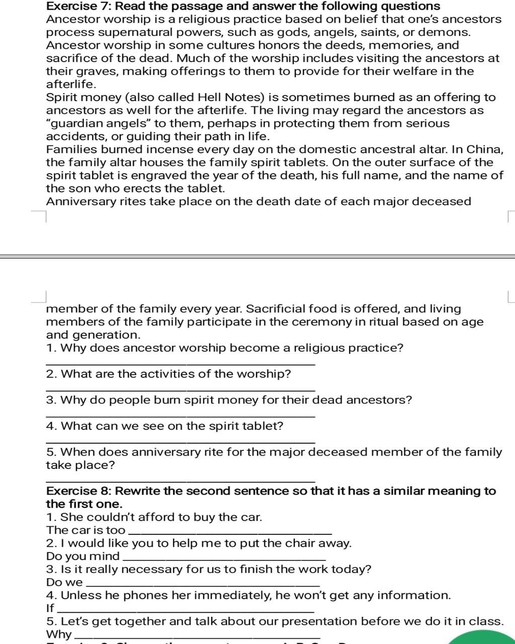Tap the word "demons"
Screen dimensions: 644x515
449,33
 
